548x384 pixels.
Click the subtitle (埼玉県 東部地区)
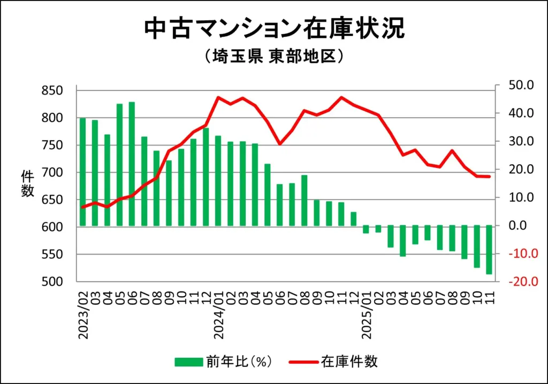coord(273,57)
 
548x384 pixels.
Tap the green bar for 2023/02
coord(83,172)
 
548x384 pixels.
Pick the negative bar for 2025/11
coord(489,250)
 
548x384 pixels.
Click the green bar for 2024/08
coord(304,201)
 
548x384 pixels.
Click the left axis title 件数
coord(28,183)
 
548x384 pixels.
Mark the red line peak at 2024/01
coord(218,97)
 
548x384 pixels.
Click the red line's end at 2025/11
coord(489,176)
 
